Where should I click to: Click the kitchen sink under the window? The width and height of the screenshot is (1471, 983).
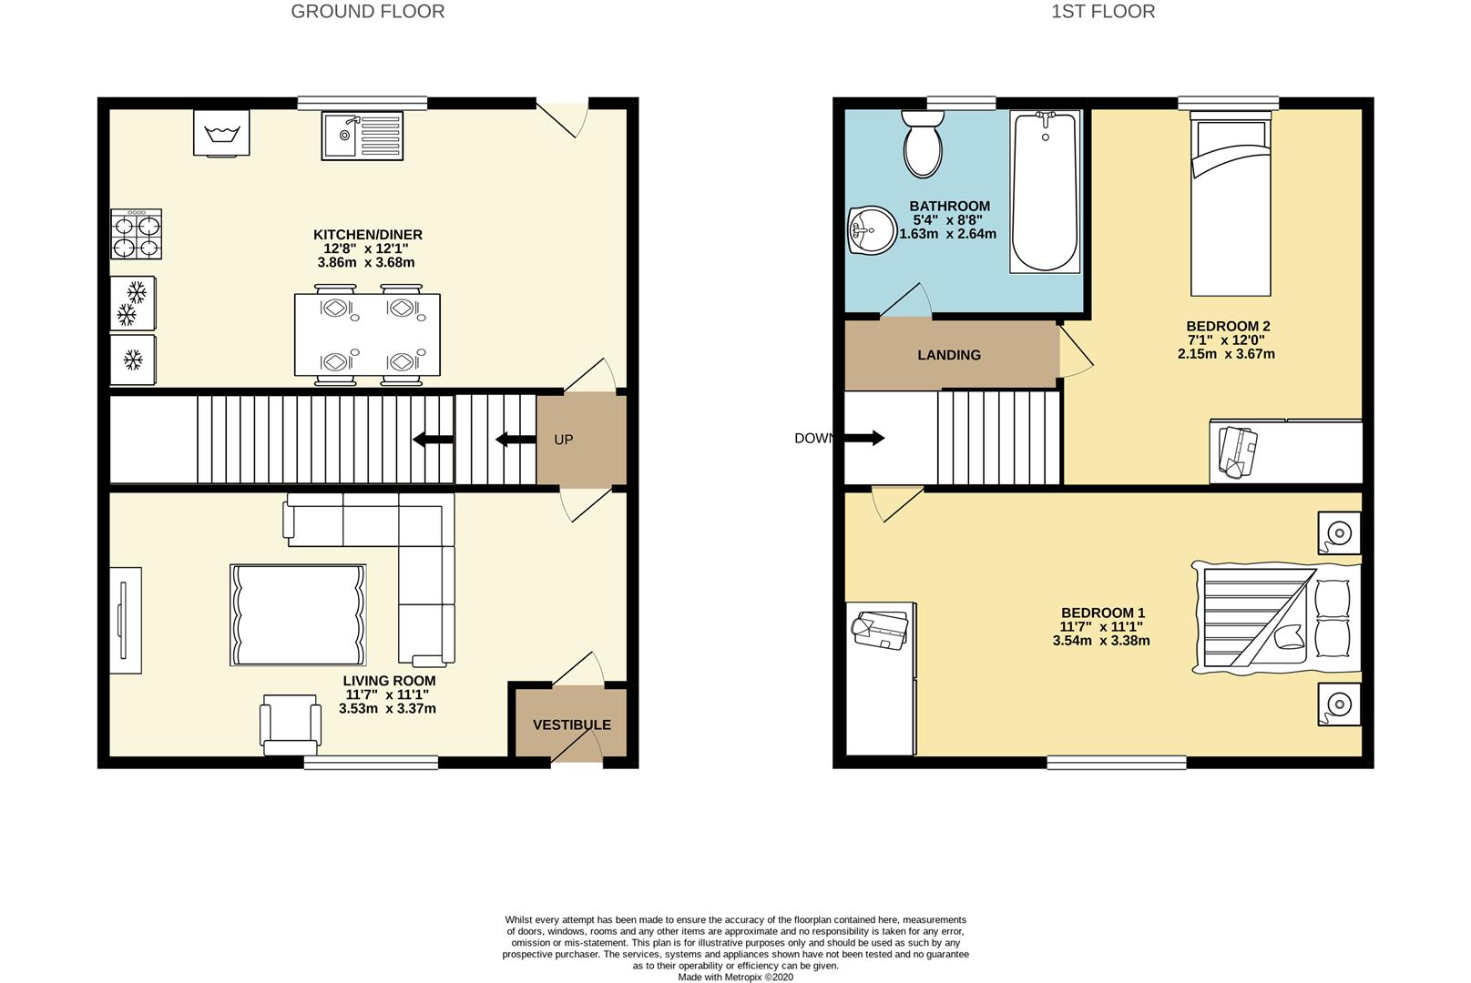click(362, 136)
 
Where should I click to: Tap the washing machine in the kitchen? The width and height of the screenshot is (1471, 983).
click(221, 133)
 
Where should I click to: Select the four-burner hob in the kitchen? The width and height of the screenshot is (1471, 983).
click(136, 234)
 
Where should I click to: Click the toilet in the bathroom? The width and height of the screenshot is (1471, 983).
click(923, 144)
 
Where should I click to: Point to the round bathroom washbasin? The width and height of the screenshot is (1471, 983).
click(872, 230)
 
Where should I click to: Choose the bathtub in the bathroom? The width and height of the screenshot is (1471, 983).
click(1045, 192)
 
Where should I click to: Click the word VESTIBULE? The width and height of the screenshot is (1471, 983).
click(571, 725)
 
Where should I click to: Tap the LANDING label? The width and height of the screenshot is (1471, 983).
click(949, 355)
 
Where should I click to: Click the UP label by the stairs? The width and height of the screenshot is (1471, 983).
click(564, 440)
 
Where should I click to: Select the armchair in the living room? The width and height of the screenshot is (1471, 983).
click(291, 725)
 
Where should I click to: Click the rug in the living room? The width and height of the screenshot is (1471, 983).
click(298, 615)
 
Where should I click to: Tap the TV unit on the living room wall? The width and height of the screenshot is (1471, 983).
click(126, 620)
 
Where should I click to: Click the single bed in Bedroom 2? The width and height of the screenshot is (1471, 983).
click(1231, 203)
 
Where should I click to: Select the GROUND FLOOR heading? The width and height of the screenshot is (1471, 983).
click(368, 12)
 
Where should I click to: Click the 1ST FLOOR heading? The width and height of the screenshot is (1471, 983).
click(1103, 12)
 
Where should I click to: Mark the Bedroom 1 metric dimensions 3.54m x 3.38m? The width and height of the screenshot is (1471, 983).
click(1101, 641)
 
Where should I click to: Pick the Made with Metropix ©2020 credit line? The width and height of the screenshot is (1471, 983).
click(736, 978)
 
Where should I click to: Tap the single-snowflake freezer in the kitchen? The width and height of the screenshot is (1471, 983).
click(133, 360)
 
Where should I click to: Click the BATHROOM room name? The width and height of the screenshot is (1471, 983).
click(950, 206)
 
